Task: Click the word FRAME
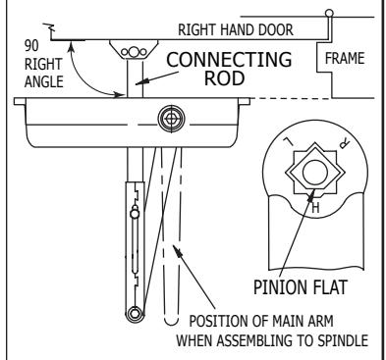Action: tap(345, 58)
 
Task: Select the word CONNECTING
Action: tap(229, 60)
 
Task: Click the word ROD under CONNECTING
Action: tap(225, 78)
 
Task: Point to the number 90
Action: tap(31, 46)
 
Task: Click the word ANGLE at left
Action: tap(44, 81)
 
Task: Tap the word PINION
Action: tap(279, 287)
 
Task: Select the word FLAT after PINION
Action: tap(328, 287)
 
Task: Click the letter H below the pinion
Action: tap(315, 207)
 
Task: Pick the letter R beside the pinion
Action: tap(344, 144)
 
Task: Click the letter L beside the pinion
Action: tap(288, 142)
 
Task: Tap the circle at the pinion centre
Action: tap(315, 173)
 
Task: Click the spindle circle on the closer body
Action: tap(171, 119)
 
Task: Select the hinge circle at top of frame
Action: tap(329, 14)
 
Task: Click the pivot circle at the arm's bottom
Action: tap(135, 315)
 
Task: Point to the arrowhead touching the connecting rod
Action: tap(140, 82)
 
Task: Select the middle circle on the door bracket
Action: tap(133, 52)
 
